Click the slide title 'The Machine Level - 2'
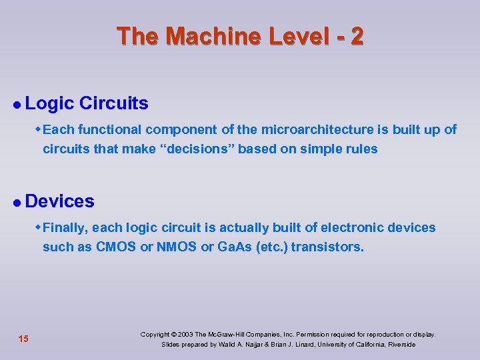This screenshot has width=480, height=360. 240,36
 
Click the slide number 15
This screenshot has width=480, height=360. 23,339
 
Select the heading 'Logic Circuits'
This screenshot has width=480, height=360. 87,103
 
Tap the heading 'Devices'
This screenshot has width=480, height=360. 60,201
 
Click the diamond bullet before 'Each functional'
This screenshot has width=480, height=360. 38,129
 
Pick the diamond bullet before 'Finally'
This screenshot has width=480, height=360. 38,227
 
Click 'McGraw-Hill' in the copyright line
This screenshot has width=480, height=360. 229,334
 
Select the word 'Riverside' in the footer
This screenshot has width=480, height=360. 400,345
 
